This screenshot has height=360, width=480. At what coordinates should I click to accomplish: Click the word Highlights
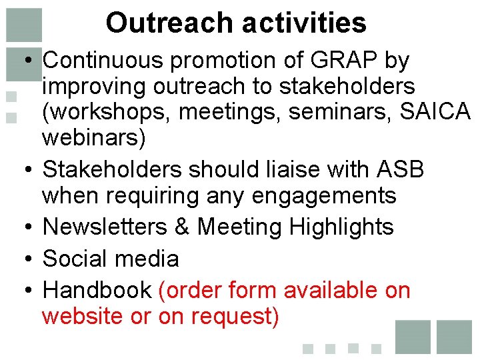[x=341, y=227]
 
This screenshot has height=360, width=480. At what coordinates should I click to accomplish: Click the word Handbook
[x=97, y=291]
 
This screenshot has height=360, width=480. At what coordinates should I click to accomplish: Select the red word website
[x=83, y=316]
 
